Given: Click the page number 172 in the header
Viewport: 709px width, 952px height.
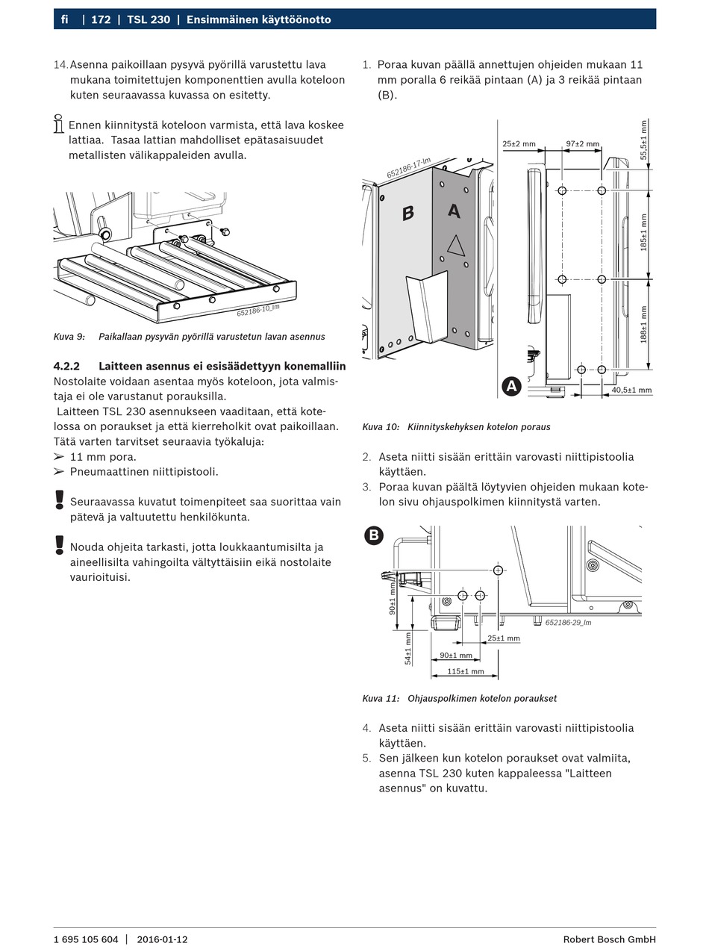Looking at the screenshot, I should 101,19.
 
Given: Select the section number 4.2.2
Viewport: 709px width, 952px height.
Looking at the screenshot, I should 66,366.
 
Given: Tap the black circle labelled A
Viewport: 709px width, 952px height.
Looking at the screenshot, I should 511,386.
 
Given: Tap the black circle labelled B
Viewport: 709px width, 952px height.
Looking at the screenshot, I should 373,535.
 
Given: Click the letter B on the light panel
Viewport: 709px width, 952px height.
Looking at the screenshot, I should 407,214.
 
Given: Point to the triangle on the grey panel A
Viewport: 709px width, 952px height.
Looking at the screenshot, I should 455,245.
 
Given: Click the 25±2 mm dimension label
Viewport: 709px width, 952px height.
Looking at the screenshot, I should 519,143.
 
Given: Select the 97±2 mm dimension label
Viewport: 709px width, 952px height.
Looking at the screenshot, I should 582,143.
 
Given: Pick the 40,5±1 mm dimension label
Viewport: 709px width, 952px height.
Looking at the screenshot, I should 631,390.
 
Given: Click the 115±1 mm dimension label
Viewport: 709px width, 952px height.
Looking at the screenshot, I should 464,671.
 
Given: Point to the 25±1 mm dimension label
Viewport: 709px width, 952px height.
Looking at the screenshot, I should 504,638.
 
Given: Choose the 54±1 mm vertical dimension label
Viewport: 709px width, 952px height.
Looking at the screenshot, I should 408,648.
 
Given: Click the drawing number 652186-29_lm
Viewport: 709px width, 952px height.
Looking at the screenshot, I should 568,622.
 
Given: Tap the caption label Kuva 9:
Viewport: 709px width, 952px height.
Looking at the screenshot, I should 69,337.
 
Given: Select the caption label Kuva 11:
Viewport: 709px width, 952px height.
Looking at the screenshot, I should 381,699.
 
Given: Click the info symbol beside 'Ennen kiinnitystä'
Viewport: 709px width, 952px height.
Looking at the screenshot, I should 59,124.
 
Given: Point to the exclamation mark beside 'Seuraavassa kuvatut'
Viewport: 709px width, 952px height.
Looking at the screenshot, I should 60,500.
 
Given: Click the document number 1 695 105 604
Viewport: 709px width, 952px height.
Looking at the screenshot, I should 86,939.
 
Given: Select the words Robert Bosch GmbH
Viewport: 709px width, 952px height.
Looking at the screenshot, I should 609,939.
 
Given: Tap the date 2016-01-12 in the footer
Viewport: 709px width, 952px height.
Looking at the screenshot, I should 162,939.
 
